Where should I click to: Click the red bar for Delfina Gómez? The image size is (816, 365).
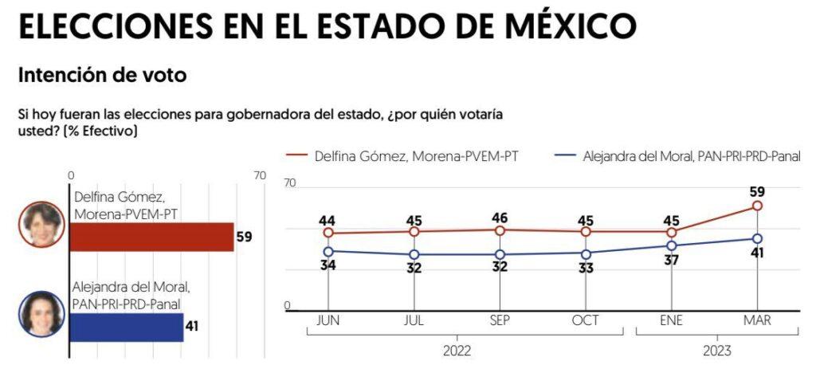point(151,237)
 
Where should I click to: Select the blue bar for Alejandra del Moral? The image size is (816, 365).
point(127,327)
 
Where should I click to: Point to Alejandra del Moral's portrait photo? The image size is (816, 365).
point(42,314)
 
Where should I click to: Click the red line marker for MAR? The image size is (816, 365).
point(757,206)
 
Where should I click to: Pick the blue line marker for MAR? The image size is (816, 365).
point(757,238)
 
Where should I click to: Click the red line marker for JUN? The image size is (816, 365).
point(328,234)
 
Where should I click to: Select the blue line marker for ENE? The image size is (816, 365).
point(672,245)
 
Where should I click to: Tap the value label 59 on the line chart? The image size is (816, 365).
point(757,191)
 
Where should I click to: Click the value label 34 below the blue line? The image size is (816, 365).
point(328,265)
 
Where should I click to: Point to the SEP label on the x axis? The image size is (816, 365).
point(500,320)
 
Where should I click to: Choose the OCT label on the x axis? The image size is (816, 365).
point(586,320)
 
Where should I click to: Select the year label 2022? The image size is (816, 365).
point(457,351)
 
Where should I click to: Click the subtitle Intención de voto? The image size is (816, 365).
point(102,76)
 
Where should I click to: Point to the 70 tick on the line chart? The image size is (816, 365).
point(290,183)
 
